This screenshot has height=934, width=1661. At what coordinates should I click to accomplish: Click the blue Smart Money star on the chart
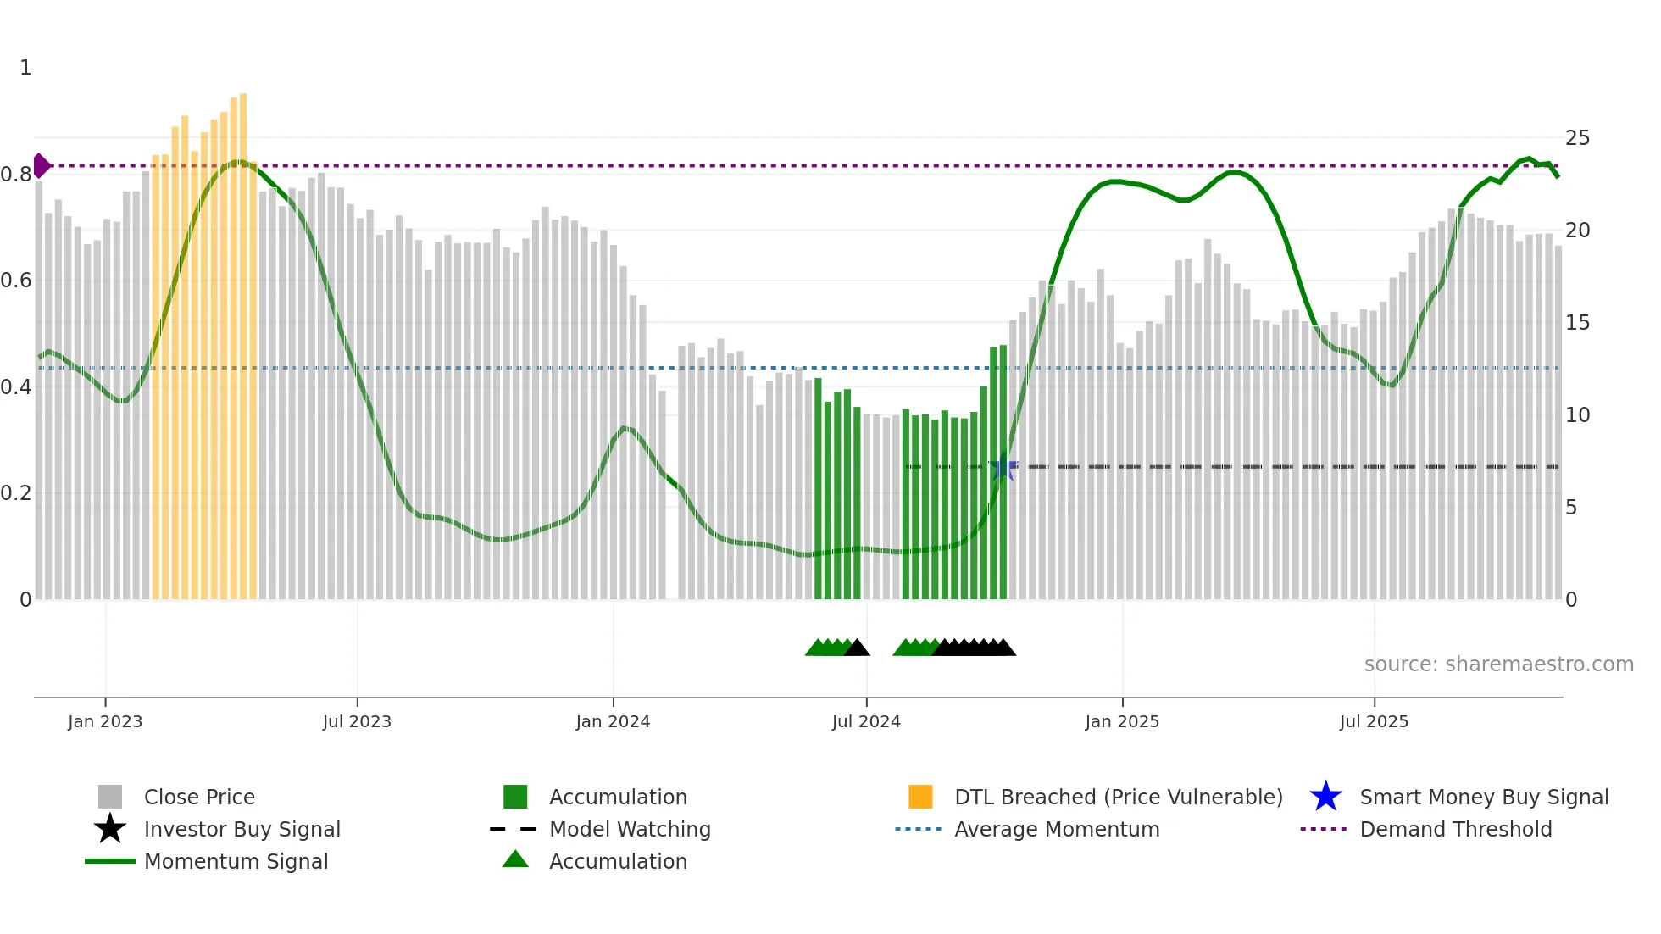[x=1003, y=467]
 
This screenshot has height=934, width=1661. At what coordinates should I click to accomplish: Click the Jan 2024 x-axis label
[x=613, y=722]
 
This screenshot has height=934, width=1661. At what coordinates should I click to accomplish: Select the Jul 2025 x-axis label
[x=1374, y=722]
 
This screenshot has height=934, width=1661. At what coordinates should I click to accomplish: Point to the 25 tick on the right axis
[x=1577, y=138]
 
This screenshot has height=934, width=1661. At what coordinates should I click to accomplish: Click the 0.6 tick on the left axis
[x=17, y=281]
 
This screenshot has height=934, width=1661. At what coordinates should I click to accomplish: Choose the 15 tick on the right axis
[x=1577, y=323]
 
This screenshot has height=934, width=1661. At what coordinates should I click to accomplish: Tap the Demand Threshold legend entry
[x=1455, y=830]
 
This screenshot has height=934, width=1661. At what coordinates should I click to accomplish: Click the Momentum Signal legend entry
[x=236, y=862]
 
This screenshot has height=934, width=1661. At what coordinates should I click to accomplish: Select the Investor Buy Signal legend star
[x=110, y=830]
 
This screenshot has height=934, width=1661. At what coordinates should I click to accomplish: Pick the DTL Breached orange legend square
[x=920, y=798]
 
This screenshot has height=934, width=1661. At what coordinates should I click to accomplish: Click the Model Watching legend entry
[x=629, y=830]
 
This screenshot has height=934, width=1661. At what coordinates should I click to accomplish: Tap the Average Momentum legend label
[x=1057, y=830]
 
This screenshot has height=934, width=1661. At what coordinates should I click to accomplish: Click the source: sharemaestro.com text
[x=1498, y=664]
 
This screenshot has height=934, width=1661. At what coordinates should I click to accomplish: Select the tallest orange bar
[x=243, y=339]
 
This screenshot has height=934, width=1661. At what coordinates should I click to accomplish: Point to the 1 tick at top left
[x=25, y=68]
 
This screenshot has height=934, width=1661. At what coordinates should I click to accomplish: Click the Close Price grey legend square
[x=110, y=798]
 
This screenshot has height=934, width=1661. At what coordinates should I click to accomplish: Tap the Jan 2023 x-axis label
[x=105, y=722]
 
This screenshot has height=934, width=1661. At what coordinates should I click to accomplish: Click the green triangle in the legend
[x=515, y=860]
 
